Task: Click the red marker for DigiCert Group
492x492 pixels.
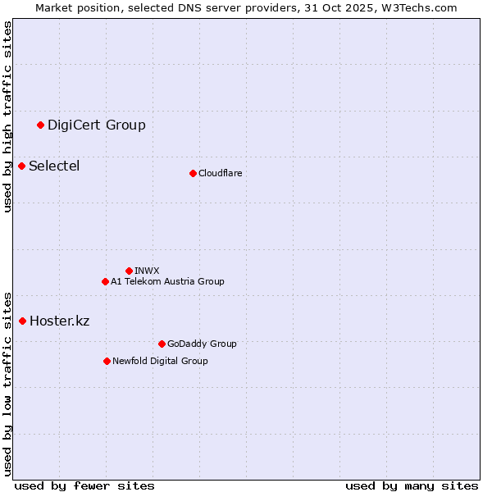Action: [40, 125]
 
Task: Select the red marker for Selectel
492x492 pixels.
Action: [22, 166]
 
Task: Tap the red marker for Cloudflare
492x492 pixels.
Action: [193, 173]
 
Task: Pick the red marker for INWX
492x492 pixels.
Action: [129, 271]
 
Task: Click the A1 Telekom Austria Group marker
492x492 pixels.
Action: [105, 281]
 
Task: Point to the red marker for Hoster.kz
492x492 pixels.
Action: [22, 321]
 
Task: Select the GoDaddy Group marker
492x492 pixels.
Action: [162, 344]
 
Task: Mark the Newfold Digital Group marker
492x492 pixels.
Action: [107, 361]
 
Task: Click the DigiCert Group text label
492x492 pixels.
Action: [97, 125]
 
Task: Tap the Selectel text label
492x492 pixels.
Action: [54, 166]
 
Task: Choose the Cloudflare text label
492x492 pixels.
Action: [220, 173]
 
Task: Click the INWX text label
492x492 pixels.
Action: [147, 271]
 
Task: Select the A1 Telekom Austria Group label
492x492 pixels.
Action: [167, 281]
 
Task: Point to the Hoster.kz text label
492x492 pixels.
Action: [59, 321]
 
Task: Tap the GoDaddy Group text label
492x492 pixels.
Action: [202, 344]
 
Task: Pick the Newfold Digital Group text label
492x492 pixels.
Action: [160, 361]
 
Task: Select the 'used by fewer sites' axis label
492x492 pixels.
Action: [84, 485]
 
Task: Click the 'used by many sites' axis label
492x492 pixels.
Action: [412, 485]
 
